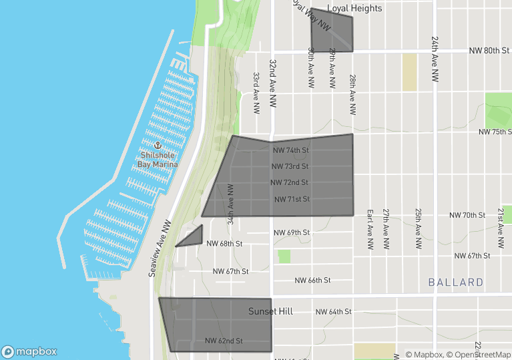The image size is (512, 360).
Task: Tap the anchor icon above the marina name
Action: (158, 145)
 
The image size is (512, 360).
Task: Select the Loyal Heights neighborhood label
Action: (354, 9)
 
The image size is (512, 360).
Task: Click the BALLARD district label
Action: (456, 283)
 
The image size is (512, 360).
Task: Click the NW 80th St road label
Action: (490, 51)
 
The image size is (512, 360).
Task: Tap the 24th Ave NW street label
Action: (435, 59)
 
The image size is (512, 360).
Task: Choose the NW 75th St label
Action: (495, 132)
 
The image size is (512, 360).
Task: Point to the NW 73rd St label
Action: (290, 166)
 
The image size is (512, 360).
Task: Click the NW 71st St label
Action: (292, 199)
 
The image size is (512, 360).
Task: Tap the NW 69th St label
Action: (292, 232)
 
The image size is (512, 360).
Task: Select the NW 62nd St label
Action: (224, 341)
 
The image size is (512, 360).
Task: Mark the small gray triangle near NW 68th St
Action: (194, 237)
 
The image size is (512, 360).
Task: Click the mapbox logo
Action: (29, 351)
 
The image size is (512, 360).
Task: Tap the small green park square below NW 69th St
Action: (284, 256)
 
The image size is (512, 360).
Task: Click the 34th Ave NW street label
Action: (230, 203)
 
